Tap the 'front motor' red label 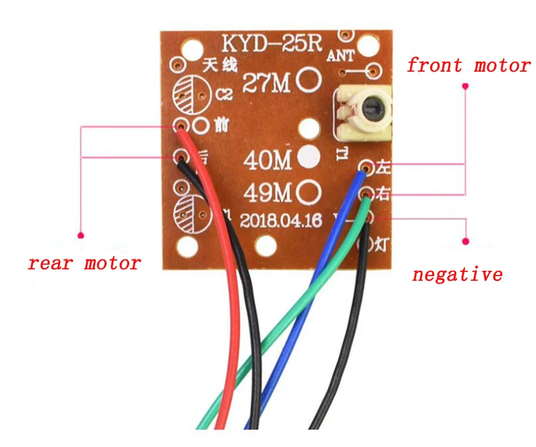468,65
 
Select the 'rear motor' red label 84,263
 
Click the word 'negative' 458,274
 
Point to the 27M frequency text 267,82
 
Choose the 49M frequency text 267,193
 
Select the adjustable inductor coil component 362,113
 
